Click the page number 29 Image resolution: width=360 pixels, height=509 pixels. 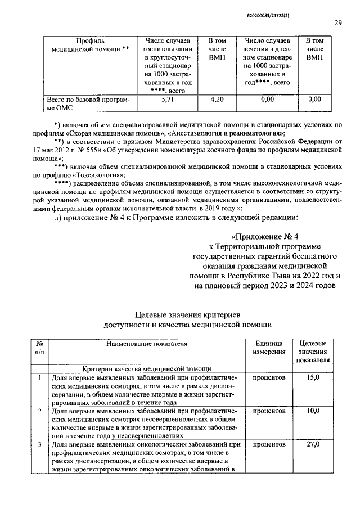coord(338,23)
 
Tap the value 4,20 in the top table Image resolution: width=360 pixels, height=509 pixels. coord(217,100)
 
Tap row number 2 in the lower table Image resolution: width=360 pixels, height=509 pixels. coord(40,412)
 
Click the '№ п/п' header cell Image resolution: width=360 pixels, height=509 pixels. coord(40,347)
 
